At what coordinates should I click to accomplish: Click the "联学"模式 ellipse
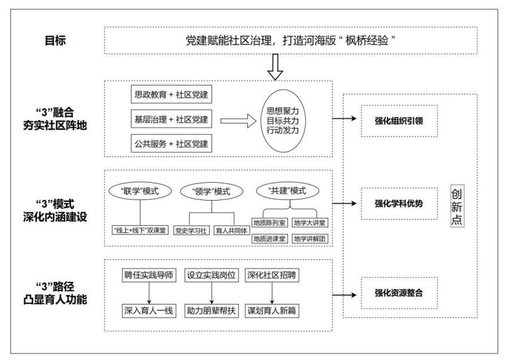coord(139,191)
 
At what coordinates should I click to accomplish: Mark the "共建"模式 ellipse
coord(287,191)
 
